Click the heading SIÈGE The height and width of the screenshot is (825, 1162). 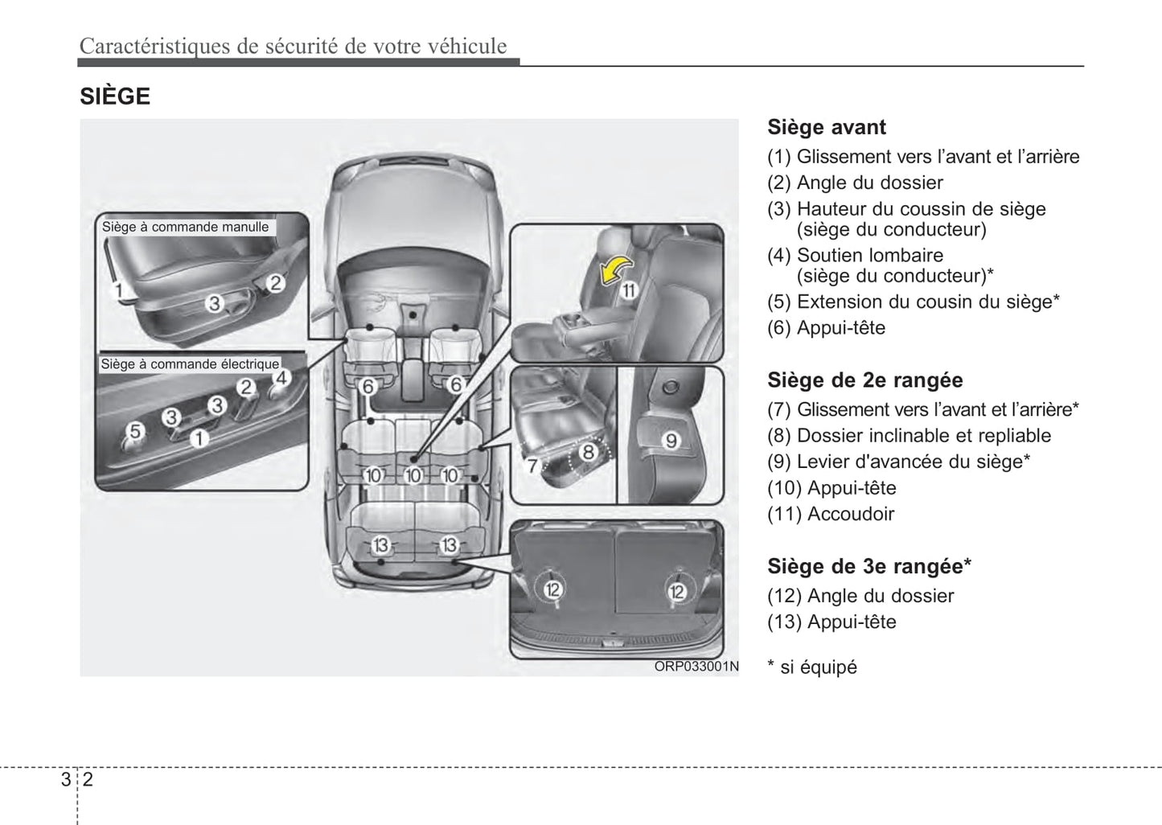(x=115, y=96)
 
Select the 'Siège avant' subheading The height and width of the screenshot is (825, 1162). (x=826, y=127)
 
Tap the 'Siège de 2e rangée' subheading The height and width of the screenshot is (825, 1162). (x=864, y=380)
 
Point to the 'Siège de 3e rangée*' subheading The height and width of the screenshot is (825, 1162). (x=868, y=566)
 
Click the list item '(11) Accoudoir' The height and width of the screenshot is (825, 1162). (x=830, y=514)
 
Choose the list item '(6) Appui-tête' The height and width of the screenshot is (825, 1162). (x=826, y=328)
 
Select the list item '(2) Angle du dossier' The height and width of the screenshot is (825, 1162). (x=855, y=183)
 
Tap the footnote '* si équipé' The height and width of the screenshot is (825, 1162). (x=812, y=667)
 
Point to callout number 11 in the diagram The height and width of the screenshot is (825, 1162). (x=628, y=290)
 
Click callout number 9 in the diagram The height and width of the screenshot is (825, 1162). (x=671, y=440)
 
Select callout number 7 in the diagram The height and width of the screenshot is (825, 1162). (x=532, y=465)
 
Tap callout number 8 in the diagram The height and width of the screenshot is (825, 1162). (x=588, y=452)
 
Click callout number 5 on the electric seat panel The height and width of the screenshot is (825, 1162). (x=135, y=431)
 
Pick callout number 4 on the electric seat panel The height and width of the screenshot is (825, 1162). (x=281, y=378)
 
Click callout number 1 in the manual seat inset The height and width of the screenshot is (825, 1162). (x=118, y=289)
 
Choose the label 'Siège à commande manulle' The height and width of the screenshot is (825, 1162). (x=185, y=227)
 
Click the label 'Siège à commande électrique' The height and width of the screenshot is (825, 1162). (x=190, y=364)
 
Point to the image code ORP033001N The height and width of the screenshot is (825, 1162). (x=696, y=667)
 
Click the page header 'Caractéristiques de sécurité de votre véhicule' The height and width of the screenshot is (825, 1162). (x=293, y=46)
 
